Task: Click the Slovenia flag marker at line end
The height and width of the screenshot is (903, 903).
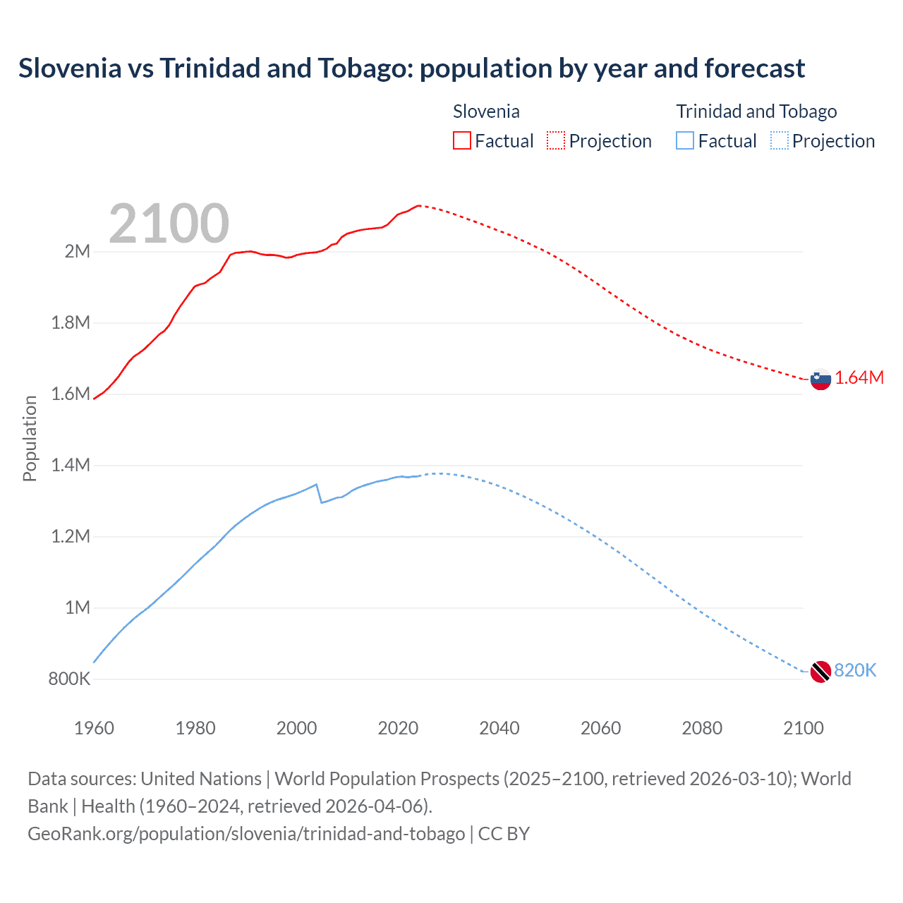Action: pos(820,380)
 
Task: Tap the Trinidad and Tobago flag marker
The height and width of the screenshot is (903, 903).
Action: pos(820,672)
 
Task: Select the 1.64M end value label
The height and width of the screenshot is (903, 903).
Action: pos(859,377)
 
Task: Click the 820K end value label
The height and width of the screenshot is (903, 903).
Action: pos(855,670)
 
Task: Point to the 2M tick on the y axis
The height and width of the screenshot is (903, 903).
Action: pos(78,251)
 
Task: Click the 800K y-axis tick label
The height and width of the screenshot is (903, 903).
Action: pos(69,679)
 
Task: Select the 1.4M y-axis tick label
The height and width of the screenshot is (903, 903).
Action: pos(71,465)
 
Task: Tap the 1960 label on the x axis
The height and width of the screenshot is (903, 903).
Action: pos(94,728)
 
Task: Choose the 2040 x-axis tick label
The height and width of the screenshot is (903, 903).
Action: pos(499,728)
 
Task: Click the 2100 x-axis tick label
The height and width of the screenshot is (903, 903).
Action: pos(804,728)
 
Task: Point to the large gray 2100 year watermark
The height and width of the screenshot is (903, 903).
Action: pos(169,224)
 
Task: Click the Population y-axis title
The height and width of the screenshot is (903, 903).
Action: pos(30,438)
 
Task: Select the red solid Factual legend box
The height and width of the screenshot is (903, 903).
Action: pos(462,140)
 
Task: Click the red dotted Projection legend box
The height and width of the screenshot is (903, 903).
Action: pos(556,140)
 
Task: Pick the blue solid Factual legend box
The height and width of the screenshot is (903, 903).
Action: pos(685,140)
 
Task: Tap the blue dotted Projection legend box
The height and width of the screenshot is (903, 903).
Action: pos(780,140)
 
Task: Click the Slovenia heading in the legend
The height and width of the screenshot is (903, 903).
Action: pos(486,111)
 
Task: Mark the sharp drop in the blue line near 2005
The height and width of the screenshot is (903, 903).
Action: pos(319,493)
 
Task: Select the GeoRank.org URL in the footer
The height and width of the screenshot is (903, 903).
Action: pos(246,833)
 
